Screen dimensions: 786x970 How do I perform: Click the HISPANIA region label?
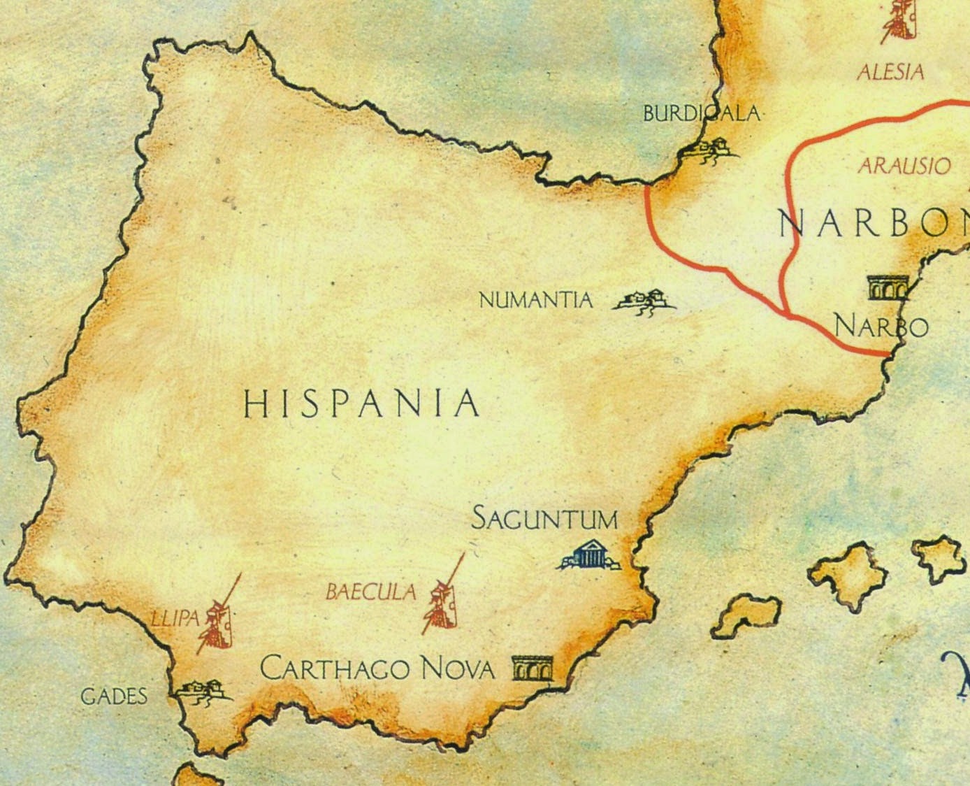[x=361, y=404]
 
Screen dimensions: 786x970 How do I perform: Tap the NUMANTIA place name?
[x=535, y=301]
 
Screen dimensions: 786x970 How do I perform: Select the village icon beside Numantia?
[x=644, y=301]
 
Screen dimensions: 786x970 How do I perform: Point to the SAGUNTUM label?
[x=545, y=520]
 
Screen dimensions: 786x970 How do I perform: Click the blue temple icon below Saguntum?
[x=588, y=555]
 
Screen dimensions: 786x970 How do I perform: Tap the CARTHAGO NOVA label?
[x=377, y=669]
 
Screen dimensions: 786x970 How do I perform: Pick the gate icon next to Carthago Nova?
[x=532, y=668]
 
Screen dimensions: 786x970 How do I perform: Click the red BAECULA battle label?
[x=370, y=593]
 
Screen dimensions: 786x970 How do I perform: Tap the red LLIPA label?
[x=175, y=618]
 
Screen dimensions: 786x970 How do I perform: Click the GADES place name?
[x=114, y=696]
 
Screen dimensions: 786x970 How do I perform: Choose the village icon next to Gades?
[x=203, y=690]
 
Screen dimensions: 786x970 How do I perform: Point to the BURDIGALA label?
[x=701, y=113]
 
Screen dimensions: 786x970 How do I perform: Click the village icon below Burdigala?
[x=710, y=150]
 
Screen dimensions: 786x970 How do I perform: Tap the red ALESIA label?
[x=890, y=71]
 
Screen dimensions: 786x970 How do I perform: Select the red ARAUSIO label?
[x=904, y=166]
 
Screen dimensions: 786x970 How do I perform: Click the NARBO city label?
[x=881, y=326]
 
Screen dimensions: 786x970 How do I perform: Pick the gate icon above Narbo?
[x=888, y=287]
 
